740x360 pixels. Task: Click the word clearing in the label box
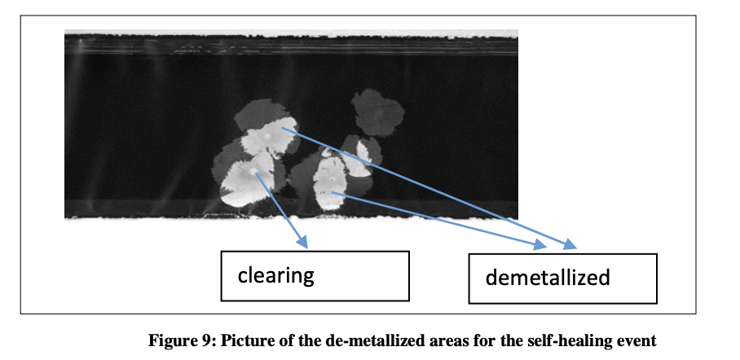tap(275, 275)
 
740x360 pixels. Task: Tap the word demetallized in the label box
tap(548, 278)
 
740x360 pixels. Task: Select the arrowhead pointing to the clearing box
tap(302, 242)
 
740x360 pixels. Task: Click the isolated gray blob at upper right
tap(377, 112)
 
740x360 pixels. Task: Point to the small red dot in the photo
tap(325, 192)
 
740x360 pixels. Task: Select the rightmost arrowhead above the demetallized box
tap(570, 244)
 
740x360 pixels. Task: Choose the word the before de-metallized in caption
tap(309, 340)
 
